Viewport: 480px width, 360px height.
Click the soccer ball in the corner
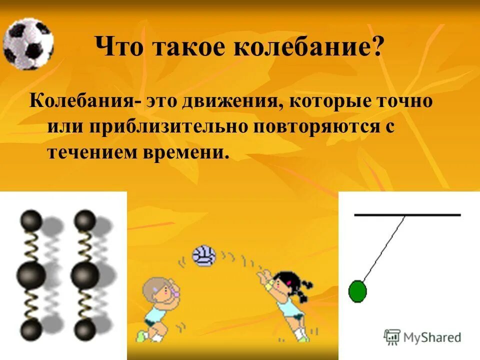pos(27,44)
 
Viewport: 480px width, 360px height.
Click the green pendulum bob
pos(357,291)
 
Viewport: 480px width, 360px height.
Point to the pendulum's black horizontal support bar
pos(407,215)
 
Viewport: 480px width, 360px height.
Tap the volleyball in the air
pos(203,255)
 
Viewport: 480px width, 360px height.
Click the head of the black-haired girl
pos(285,283)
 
